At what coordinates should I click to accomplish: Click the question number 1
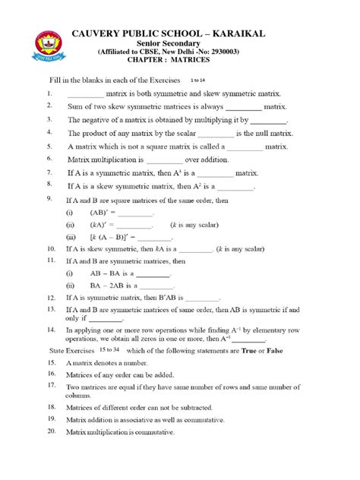(x=49, y=93)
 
